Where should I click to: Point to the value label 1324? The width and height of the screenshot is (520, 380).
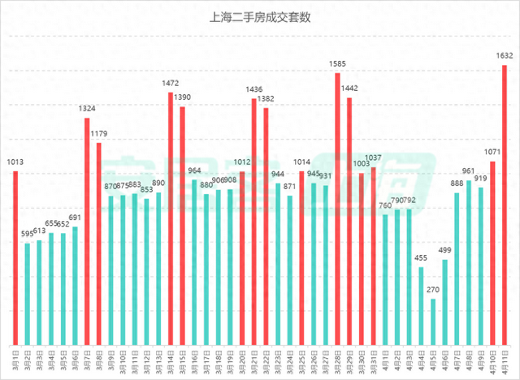coord(87,109)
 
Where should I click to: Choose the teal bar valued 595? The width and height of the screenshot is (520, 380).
coord(28,292)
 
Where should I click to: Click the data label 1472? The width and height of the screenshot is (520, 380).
coord(170,83)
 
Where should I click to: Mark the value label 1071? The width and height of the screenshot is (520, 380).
coord(492,152)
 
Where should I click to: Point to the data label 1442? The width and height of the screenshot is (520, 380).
coord(349,88)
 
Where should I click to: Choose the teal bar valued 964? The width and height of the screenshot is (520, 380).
coord(193,261)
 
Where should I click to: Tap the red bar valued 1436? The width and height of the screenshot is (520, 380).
coord(253,220)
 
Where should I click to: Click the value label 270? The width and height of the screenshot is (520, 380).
coord(433,289)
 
